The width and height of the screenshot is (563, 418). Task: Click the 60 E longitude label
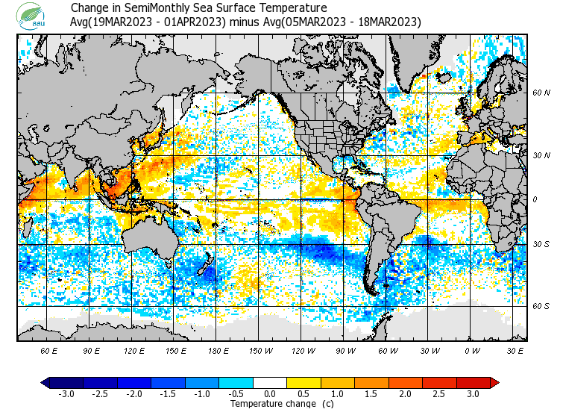coord(49,349)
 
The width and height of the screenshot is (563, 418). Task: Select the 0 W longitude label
coord(471,349)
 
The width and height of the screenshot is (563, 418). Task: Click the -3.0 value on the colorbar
coord(66,393)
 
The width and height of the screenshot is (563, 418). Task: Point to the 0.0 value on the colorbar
coord(270,393)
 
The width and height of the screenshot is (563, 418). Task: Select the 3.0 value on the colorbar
coord(473,393)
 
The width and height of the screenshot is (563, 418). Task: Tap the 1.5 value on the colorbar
coord(371,393)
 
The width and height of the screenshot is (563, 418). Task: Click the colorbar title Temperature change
coord(270,404)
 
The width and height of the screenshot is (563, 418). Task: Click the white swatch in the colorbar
coord(270,383)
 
